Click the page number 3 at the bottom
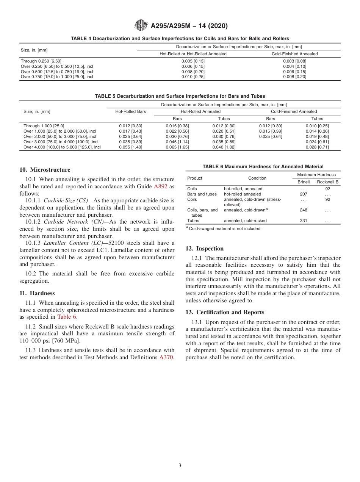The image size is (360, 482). (180, 466)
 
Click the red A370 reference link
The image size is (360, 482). (167, 357)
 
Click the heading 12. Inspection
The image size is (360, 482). (205, 249)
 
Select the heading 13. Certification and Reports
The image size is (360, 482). (225, 312)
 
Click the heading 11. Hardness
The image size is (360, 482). (37, 293)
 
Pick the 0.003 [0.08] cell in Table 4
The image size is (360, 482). (294, 61)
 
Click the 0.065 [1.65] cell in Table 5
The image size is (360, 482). (177, 147)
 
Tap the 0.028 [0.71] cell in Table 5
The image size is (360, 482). (317, 147)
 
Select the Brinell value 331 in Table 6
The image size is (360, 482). (303, 221)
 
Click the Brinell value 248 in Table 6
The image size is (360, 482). (303, 210)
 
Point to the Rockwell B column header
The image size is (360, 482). (327, 182)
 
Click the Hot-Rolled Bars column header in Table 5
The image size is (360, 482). (130, 111)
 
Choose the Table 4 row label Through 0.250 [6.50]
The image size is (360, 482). (41, 61)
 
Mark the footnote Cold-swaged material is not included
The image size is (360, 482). (225, 228)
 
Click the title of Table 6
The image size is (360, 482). (263, 166)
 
